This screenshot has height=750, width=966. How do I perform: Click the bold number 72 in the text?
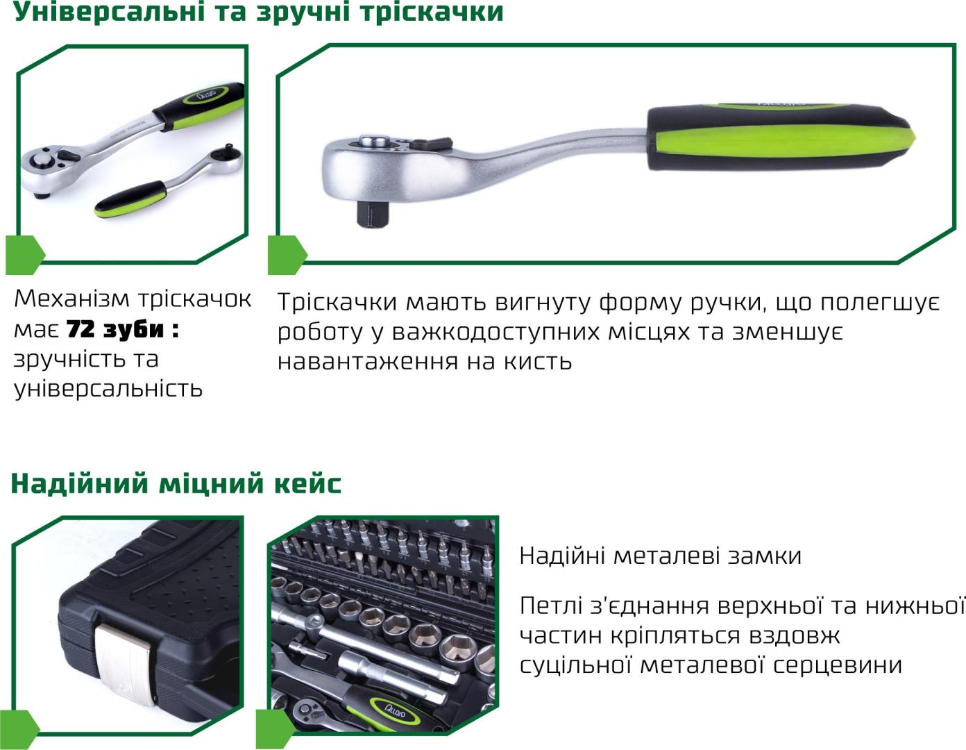tap(80, 329)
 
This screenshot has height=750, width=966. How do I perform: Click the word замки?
tap(764, 556)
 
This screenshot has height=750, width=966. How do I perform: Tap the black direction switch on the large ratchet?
tap(431, 143)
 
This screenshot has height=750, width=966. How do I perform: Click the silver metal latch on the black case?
tap(126, 663)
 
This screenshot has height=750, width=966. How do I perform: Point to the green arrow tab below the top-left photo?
tap(24, 255)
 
